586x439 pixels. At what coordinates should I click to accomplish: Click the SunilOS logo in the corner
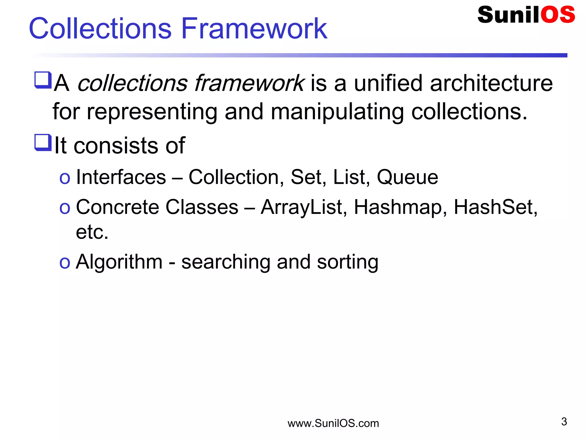click(526, 15)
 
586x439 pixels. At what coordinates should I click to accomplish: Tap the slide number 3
click(564, 422)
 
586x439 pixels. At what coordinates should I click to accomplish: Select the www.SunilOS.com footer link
click(333, 423)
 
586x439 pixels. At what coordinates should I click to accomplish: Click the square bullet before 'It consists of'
click(43, 142)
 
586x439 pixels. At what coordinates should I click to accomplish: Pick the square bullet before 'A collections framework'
click(43, 80)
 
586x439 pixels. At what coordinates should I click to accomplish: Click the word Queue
click(407, 177)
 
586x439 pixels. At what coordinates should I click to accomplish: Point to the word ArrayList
click(304, 207)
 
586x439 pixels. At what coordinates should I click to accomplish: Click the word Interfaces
click(121, 177)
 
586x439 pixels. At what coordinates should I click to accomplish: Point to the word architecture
click(491, 83)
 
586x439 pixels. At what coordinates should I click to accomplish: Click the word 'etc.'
click(92, 232)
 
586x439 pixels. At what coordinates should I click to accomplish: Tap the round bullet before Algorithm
click(65, 263)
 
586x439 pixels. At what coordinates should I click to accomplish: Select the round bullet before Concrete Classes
click(65, 208)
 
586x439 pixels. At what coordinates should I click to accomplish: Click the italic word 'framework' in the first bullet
click(248, 83)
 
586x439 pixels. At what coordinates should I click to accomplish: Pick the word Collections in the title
click(100, 28)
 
